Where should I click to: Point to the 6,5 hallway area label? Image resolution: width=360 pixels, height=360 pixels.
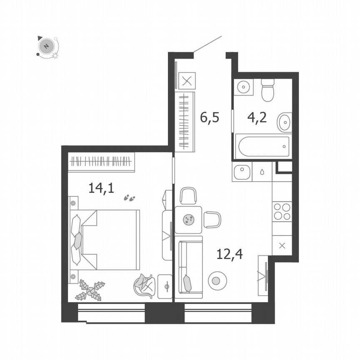pyautogui.click(x=209, y=118)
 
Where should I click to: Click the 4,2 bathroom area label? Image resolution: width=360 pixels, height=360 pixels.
pyautogui.click(x=257, y=118)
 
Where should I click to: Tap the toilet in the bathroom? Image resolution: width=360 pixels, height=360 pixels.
pyautogui.click(x=267, y=90)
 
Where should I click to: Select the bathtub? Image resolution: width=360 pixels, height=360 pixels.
pyautogui.click(x=262, y=146)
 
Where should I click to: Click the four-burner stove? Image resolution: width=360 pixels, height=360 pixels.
pyautogui.click(x=282, y=211)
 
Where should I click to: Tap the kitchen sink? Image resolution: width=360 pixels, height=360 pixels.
pyautogui.click(x=242, y=172)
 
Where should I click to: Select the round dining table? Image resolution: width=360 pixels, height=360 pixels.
pyautogui.click(x=188, y=220)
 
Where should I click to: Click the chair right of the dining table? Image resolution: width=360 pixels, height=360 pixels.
pyautogui.click(x=212, y=220)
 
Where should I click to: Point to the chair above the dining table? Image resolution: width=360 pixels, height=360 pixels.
pyautogui.click(x=188, y=196)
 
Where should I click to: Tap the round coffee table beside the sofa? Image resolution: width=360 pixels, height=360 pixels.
pyautogui.click(x=215, y=280)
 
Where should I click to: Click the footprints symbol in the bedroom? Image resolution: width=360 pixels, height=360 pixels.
pyautogui.click(x=130, y=198)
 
